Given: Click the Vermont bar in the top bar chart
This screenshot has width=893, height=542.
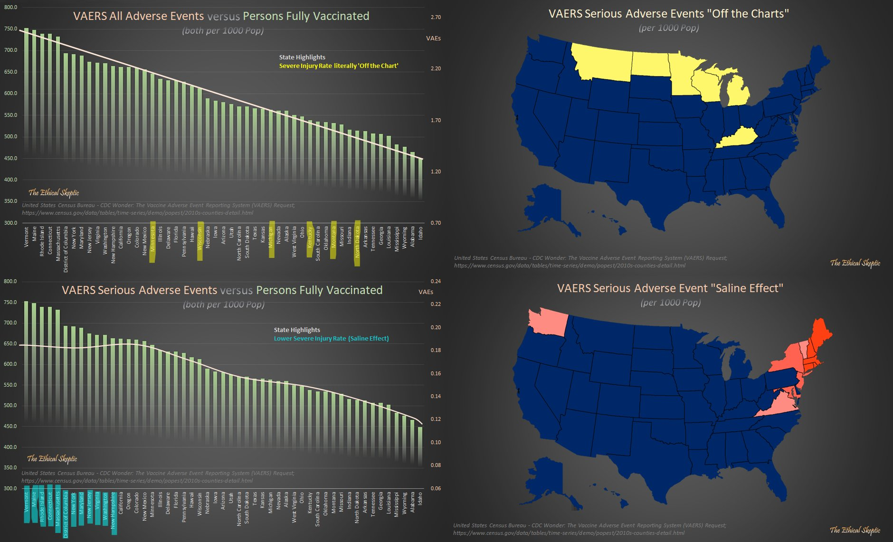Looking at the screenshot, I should coord(27,95).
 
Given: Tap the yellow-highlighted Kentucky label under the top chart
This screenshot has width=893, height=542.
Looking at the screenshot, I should coord(310,239).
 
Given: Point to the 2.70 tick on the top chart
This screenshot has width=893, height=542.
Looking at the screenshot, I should coord(436,17).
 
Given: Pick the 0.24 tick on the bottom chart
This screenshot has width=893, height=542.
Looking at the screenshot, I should coord(436,281).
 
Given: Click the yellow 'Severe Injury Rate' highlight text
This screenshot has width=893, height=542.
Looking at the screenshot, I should coord(338,66).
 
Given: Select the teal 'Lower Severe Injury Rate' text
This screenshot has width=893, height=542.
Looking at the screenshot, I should coord(331,338).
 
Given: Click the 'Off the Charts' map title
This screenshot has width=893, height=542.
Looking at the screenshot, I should coord(668,14).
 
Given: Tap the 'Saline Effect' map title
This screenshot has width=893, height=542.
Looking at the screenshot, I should coord(670,288).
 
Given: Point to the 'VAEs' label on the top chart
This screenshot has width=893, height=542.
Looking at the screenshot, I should coord(433,38).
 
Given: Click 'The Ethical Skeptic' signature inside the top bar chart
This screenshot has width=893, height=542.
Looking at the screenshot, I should coord(54,192).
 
